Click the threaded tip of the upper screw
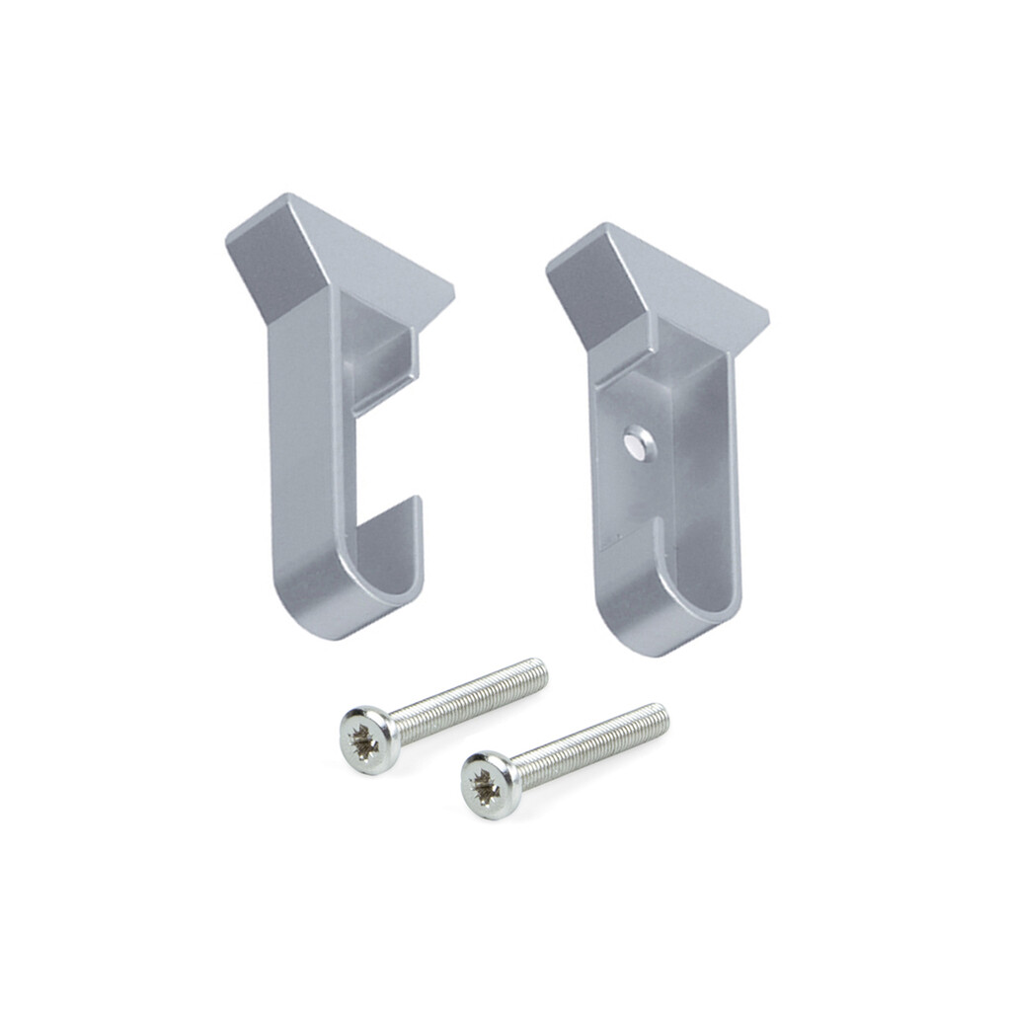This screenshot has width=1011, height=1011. click(538, 670)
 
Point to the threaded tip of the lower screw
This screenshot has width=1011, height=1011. click(660, 715)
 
